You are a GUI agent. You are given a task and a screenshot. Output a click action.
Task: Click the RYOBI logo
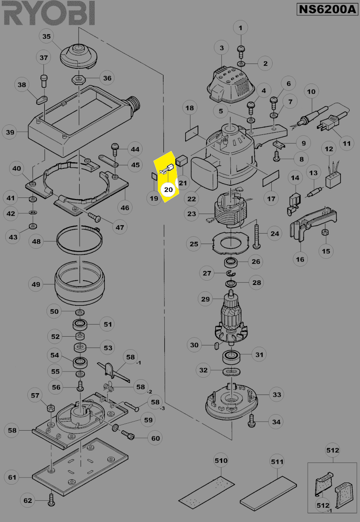pos(49,14)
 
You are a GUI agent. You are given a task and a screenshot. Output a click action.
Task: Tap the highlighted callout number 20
pos(168,189)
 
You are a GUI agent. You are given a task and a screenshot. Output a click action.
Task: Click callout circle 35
pos(47,37)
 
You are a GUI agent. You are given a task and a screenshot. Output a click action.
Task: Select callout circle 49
pos(36,285)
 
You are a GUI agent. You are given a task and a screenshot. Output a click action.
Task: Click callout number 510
pos(221,460)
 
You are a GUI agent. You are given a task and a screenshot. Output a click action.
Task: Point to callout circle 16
pos(300,260)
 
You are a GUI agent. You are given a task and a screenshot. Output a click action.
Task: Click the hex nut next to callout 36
pos(78,80)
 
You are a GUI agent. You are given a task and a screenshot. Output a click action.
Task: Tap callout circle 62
pos(28,501)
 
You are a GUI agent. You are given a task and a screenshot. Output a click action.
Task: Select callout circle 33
pos(277,395)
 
